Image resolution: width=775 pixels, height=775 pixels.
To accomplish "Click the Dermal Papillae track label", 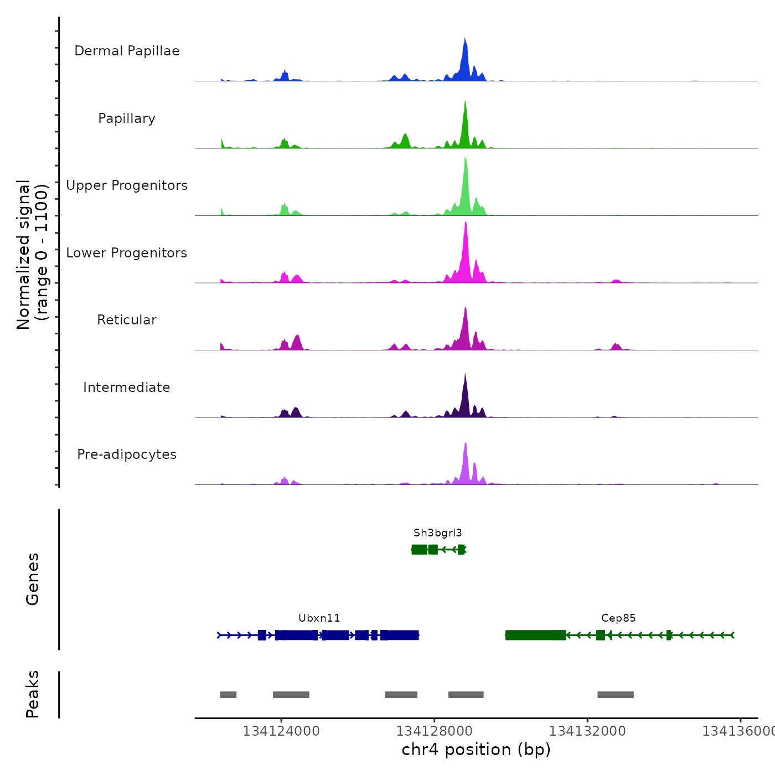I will tap(127, 51).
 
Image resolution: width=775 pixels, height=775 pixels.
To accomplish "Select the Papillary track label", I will tap(127, 118).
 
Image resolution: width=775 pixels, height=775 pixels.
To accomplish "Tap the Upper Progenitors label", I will tap(127, 185).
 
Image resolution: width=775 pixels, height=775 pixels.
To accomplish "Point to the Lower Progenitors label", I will tap(127, 253).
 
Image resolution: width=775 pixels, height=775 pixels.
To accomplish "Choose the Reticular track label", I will tap(127, 320).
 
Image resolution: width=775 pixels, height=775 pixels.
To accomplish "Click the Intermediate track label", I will tap(127, 387).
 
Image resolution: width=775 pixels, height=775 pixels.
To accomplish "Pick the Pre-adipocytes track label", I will tap(127, 454).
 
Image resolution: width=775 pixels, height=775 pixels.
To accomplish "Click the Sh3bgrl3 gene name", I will tap(437, 533).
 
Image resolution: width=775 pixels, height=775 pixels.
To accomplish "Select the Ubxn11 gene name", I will tap(319, 618).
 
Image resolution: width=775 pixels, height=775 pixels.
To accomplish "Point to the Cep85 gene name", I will tap(618, 618).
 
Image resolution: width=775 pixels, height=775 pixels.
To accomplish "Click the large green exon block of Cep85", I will tap(535, 635).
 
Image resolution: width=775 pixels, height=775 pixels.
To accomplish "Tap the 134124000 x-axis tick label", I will tap(281, 731).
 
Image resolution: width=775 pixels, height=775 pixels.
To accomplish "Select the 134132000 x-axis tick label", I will tap(587, 731).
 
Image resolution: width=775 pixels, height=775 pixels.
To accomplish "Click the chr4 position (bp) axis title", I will tap(476, 750).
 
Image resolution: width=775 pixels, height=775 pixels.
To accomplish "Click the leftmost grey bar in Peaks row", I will tap(228, 695).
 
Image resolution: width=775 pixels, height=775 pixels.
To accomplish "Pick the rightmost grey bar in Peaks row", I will tap(615, 695).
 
